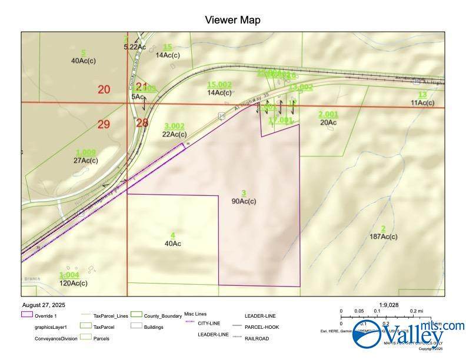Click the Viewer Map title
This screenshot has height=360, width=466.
pyautogui.click(x=232, y=20)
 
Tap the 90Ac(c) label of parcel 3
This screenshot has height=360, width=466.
pyautogui.click(x=244, y=201)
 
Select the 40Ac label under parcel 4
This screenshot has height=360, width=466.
pyautogui.click(x=173, y=243)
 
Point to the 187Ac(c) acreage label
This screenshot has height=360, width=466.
pyautogui.click(x=384, y=236)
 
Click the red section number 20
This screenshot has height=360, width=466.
pyautogui.click(x=104, y=89)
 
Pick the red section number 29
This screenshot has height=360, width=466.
pyautogui.click(x=104, y=124)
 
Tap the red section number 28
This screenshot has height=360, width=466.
pyautogui.click(x=142, y=122)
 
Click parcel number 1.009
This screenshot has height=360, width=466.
pyautogui.click(x=86, y=153)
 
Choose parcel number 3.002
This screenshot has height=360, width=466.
pyautogui.click(x=174, y=126)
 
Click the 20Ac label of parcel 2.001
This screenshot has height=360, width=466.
pyautogui.click(x=328, y=122)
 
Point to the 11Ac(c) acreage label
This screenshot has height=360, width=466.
pyautogui.click(x=422, y=103)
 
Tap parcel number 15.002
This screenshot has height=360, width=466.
pyautogui.click(x=219, y=85)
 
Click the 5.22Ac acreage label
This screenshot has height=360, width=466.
pyautogui.click(x=135, y=46)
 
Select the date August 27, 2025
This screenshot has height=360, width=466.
pyautogui.click(x=44, y=305)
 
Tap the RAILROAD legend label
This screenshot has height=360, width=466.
pyautogui.click(x=257, y=338)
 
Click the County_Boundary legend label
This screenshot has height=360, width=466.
pyautogui.click(x=163, y=316)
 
